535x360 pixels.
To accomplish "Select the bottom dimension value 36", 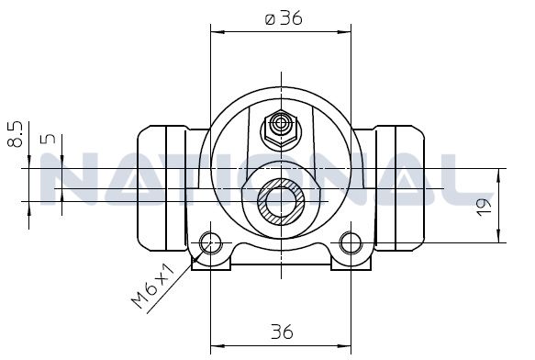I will point(282,330).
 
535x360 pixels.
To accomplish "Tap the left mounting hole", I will point(212,243).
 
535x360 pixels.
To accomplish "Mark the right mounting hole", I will point(350,243).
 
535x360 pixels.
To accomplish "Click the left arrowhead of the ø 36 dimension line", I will point(217,32).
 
